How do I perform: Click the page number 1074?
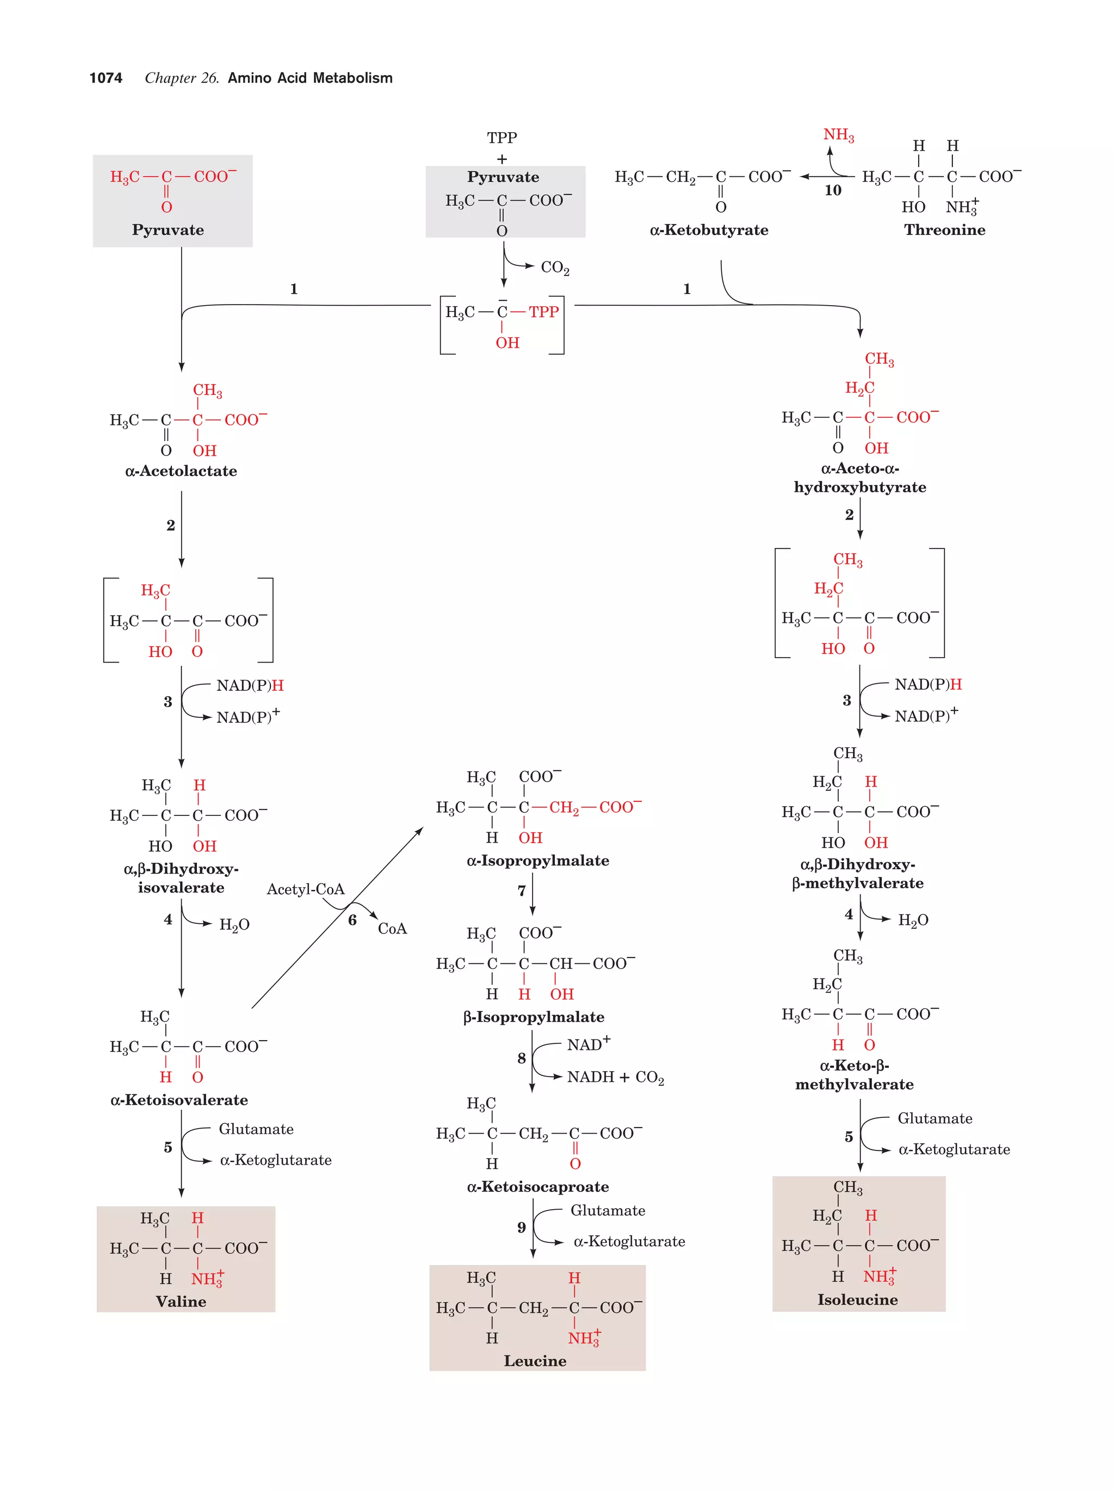coord(106,78)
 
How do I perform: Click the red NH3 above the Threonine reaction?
coord(838,135)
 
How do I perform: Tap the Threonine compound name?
coord(944,230)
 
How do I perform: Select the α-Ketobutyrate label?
coord(708,230)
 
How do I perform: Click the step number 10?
coord(832,191)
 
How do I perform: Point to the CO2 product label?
coord(555,268)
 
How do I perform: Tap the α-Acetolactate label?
coord(181,471)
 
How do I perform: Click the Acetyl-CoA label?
coord(305,889)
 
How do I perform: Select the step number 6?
coord(352,920)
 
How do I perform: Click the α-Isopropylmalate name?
coord(537,861)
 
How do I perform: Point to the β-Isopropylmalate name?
coord(533,1017)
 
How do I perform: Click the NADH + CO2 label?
coord(615,1077)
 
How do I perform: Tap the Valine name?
coord(181,1302)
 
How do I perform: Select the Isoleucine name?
coord(857,1300)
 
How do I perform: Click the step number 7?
coord(521,891)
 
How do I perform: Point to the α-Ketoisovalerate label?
coord(178,1100)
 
